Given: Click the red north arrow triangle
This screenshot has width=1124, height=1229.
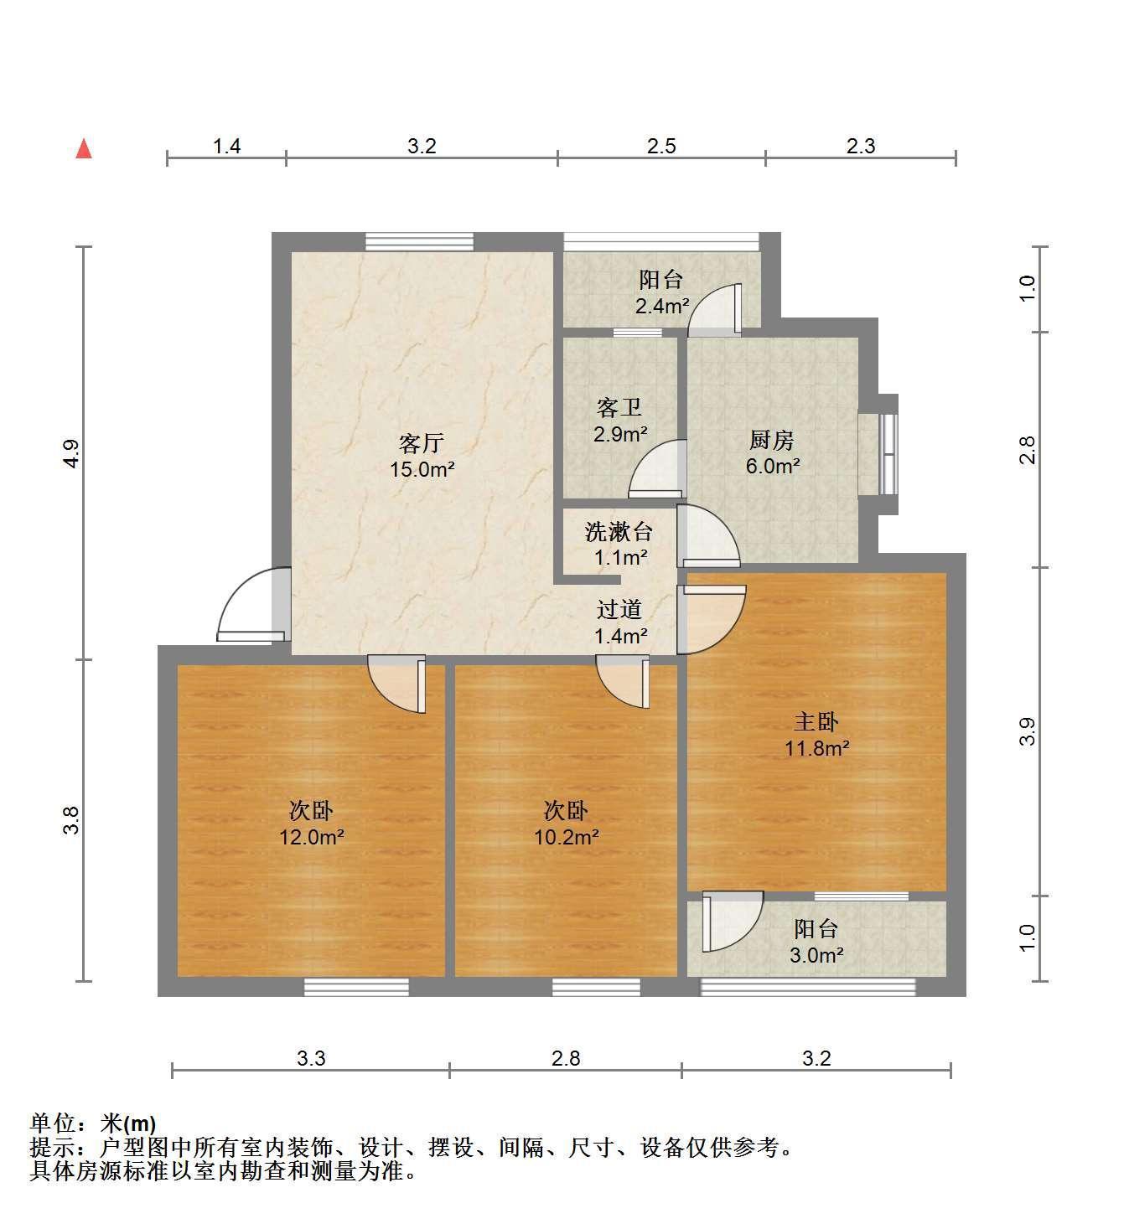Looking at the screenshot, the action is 83,149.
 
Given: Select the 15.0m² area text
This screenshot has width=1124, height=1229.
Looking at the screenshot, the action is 422,469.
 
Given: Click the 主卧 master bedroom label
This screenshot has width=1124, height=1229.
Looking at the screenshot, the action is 816,721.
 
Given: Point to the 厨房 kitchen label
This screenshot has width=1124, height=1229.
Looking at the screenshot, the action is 771,439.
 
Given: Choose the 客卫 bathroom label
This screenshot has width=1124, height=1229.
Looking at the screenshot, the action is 619,407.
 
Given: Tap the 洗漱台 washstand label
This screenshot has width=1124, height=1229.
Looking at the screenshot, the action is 618,531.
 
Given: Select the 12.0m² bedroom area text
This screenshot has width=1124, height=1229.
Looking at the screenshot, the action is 312,836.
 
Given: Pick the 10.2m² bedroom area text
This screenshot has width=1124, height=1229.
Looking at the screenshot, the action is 566,836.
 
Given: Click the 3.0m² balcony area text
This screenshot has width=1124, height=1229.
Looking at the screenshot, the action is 816,955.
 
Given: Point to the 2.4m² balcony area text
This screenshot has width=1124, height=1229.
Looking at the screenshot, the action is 661,306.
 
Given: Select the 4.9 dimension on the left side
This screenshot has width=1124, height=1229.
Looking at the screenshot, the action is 72,453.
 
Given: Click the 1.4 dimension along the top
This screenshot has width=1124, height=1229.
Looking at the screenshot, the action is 226,147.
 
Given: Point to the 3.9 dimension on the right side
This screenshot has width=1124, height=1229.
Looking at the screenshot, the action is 1028,731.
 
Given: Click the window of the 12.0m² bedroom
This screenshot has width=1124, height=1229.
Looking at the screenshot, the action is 356,986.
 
